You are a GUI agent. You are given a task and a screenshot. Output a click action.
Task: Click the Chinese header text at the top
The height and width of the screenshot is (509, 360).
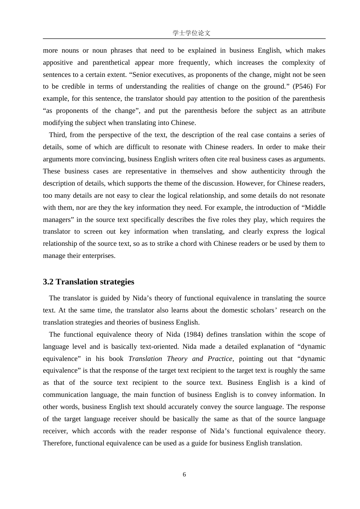pos(191,33)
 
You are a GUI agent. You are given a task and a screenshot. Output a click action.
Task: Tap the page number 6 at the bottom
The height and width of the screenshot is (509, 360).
pos(184,475)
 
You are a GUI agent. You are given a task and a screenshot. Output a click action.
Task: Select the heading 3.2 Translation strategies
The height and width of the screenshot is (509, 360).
pos(88,282)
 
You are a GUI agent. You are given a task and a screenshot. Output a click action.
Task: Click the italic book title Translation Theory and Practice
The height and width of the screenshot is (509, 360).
pos(180,359)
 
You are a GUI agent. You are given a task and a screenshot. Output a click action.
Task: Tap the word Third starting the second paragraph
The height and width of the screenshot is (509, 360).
pos(57,135)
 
